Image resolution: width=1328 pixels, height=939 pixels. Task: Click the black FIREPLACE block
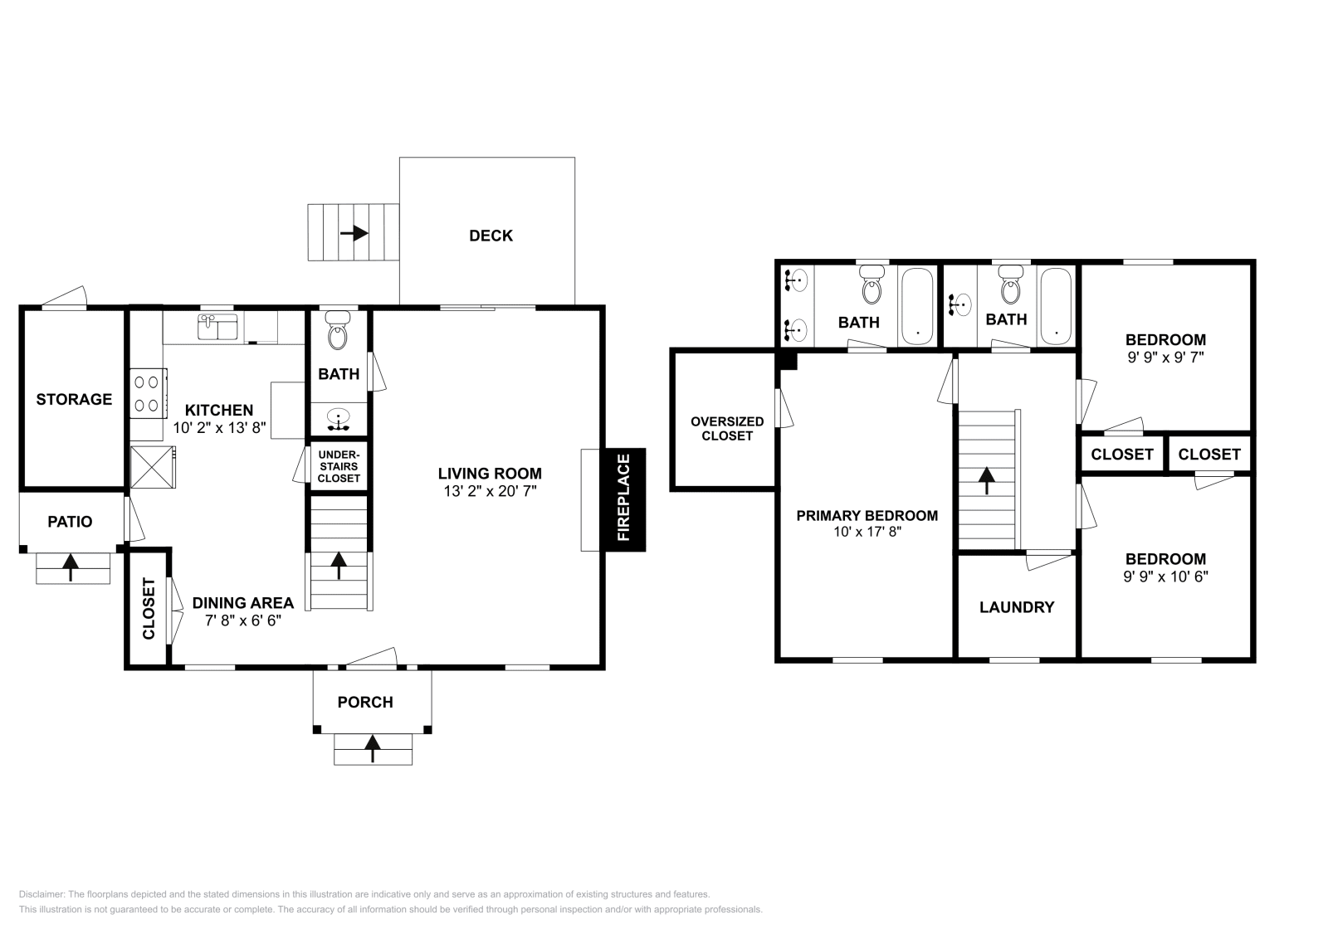pos(623,499)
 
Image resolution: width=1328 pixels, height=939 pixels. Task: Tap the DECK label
pos(491,236)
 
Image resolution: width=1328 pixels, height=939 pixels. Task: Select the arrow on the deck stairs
pos(354,233)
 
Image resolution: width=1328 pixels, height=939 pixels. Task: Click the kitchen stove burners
pos(147,393)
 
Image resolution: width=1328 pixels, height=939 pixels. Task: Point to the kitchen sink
pos(217,327)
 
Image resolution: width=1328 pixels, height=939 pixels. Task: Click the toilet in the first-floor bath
pos(338,331)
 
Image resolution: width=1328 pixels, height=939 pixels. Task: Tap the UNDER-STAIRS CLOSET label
pos(339,466)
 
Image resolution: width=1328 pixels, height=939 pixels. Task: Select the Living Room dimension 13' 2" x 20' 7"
pos(490,491)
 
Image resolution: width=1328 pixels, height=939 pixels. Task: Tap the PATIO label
pos(70,522)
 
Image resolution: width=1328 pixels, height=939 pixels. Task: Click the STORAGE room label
pos(74,399)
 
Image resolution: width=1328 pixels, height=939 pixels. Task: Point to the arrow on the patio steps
pos(71,567)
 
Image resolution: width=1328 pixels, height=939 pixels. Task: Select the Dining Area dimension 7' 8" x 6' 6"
pos(243,620)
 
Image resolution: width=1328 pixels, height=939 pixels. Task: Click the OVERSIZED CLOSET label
pos(726,428)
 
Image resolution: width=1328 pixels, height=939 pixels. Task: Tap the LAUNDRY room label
pos(1017,607)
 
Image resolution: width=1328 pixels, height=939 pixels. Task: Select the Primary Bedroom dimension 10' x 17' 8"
pos(867,533)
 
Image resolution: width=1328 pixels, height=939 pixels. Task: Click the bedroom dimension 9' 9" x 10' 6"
pos(1165,576)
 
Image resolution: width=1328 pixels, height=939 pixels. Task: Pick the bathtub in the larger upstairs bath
pos(917,306)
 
